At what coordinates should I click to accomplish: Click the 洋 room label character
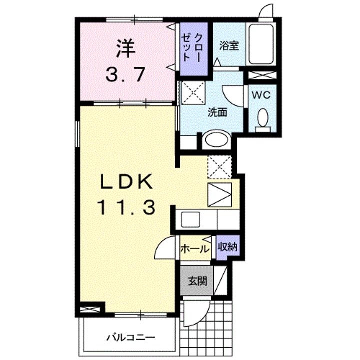pyautogui.click(x=125, y=48)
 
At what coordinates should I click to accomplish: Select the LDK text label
pyautogui.click(x=126, y=181)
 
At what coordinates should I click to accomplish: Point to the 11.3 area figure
pyautogui.click(x=127, y=207)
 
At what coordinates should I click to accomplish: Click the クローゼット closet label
pyautogui.click(x=192, y=48)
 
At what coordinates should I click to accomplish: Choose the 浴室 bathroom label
pyautogui.click(x=229, y=45)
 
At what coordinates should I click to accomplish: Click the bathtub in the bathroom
pyautogui.click(x=261, y=44)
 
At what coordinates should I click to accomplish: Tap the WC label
pyautogui.click(x=261, y=95)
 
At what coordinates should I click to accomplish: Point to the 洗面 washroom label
pyautogui.click(x=217, y=112)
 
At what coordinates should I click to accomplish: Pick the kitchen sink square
pyautogui.click(x=191, y=219)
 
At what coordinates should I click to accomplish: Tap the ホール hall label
pyautogui.click(x=195, y=249)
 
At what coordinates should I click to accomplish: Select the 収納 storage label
pyautogui.click(x=227, y=247)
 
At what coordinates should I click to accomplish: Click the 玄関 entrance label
pyautogui.click(x=198, y=281)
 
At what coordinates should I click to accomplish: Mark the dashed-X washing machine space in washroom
pyautogui.click(x=193, y=93)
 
